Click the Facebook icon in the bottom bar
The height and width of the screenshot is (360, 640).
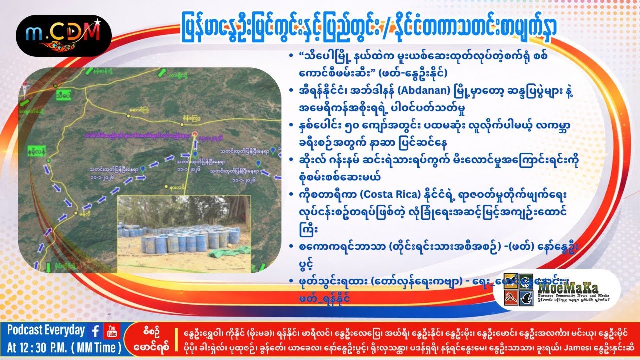(95, 331)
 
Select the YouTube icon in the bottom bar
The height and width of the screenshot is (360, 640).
(111, 331)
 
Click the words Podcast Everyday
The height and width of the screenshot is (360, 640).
(46, 330)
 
